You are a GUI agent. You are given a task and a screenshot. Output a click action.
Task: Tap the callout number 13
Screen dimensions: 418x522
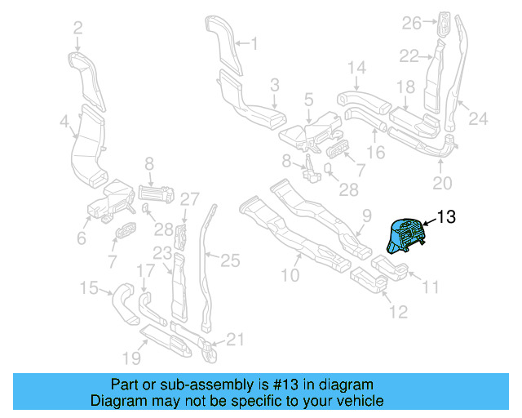click(447, 217)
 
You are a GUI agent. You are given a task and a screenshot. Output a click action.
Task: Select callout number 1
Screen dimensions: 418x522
click(253, 43)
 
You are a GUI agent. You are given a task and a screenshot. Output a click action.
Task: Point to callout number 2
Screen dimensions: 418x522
click(77, 28)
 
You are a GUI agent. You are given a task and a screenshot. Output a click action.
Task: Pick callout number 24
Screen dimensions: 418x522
click(477, 120)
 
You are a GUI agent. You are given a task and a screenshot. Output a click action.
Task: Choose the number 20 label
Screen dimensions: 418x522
click(440, 182)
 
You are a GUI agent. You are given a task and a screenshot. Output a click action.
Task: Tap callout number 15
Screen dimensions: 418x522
click(88, 287)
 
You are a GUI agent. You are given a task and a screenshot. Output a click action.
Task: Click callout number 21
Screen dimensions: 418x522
click(235, 339)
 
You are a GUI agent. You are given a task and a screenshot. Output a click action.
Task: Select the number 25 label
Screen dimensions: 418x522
click(231, 260)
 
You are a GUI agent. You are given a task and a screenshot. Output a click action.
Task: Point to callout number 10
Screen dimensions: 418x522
click(290, 276)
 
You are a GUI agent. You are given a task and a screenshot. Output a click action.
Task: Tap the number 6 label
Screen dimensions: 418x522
click(81, 238)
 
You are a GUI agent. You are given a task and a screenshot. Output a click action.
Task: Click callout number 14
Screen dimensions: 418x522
click(357, 67)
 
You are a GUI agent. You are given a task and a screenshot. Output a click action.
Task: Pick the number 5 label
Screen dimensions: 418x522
click(308, 99)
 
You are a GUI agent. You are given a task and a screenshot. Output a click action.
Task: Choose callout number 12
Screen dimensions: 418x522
click(398, 312)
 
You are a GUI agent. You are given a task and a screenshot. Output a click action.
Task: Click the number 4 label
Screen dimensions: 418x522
click(64, 122)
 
